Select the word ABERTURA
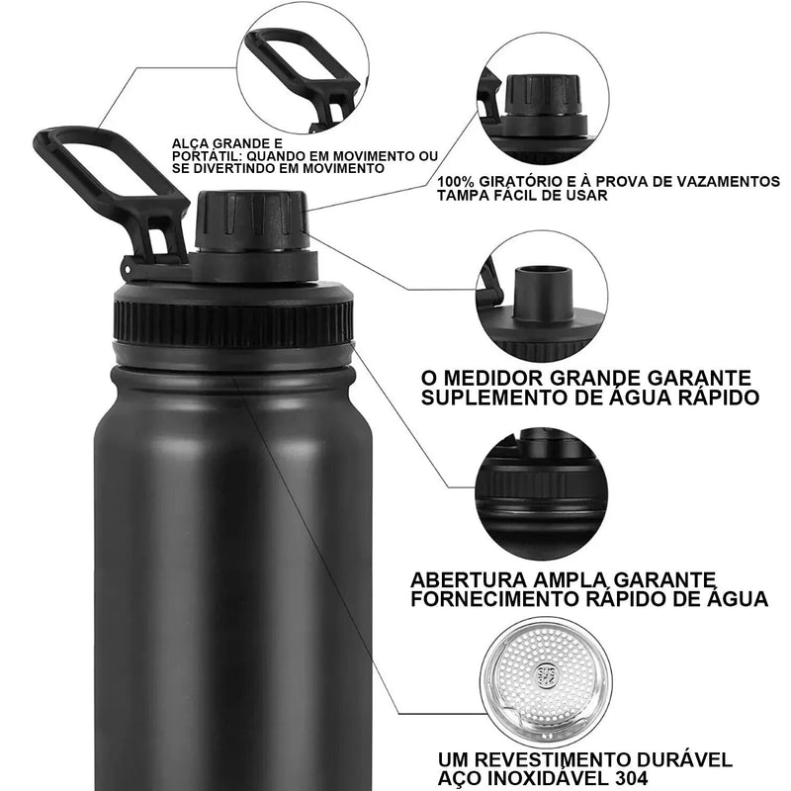pyautogui.click(x=475, y=578)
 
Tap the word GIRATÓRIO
pyautogui.click(x=520, y=182)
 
